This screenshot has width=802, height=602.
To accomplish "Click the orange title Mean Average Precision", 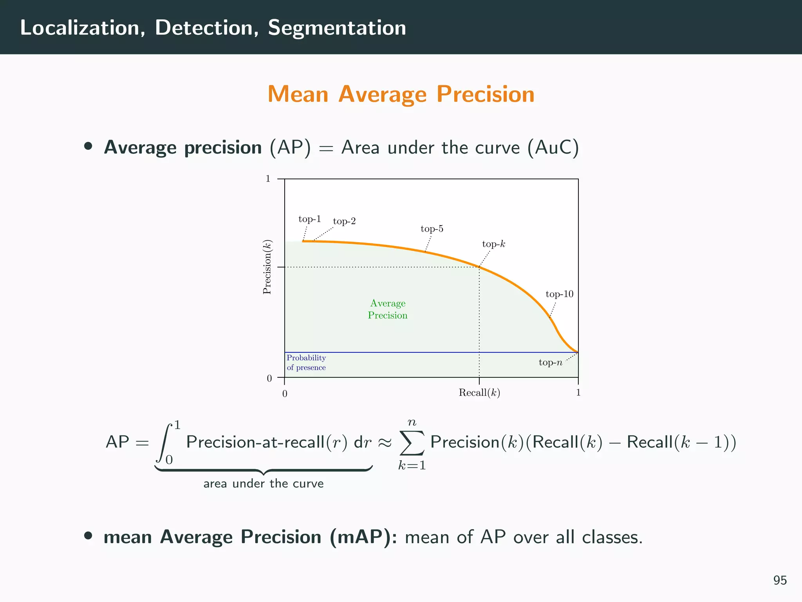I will coord(401,94).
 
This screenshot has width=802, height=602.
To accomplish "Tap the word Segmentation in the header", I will coord(337,28).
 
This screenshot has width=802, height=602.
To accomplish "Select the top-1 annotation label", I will coord(309,219).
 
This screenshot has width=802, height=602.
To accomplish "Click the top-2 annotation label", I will coord(344,221).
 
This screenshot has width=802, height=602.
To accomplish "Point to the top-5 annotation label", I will coord(432,229).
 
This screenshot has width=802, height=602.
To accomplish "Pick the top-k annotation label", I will coord(493,244).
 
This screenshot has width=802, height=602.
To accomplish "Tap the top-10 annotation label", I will coord(559,294).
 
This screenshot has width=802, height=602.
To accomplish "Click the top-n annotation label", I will coord(550,363).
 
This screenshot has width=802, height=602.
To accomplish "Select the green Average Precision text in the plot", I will coord(388,309).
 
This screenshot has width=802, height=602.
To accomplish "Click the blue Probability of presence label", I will coord(306,363).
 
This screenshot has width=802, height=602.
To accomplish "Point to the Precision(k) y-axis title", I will coord(267,267).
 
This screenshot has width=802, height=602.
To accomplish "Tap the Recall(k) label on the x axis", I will coord(479,393).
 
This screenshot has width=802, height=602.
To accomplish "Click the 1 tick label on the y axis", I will coord(268,179).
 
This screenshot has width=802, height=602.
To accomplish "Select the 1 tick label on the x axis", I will coord(578,393).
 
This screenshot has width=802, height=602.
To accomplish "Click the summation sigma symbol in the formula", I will coord(412,443).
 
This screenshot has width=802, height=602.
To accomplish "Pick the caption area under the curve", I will coord(264,484).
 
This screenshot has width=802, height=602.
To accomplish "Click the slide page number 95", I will coord(780,580).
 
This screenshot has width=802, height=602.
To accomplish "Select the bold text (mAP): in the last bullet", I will coord(363,537).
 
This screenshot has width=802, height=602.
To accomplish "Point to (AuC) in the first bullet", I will coord(553,148).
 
